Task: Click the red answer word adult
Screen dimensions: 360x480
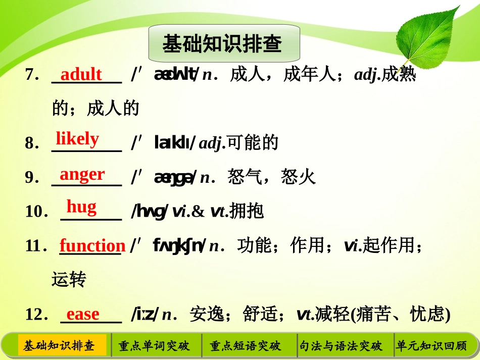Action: point(81,75)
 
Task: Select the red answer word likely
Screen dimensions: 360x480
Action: point(77,138)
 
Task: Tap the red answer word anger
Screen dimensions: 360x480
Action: point(82,174)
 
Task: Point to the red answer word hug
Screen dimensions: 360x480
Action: point(81,207)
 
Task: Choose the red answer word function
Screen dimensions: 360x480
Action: point(92,246)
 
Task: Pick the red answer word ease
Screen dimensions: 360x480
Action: point(83,314)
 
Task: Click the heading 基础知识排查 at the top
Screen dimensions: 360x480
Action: point(222,44)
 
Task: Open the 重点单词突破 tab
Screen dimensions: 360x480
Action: point(154,346)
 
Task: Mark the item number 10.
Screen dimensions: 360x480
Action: point(36,212)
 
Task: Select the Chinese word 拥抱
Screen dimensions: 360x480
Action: point(247,212)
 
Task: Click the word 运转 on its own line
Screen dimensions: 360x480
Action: point(69,279)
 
